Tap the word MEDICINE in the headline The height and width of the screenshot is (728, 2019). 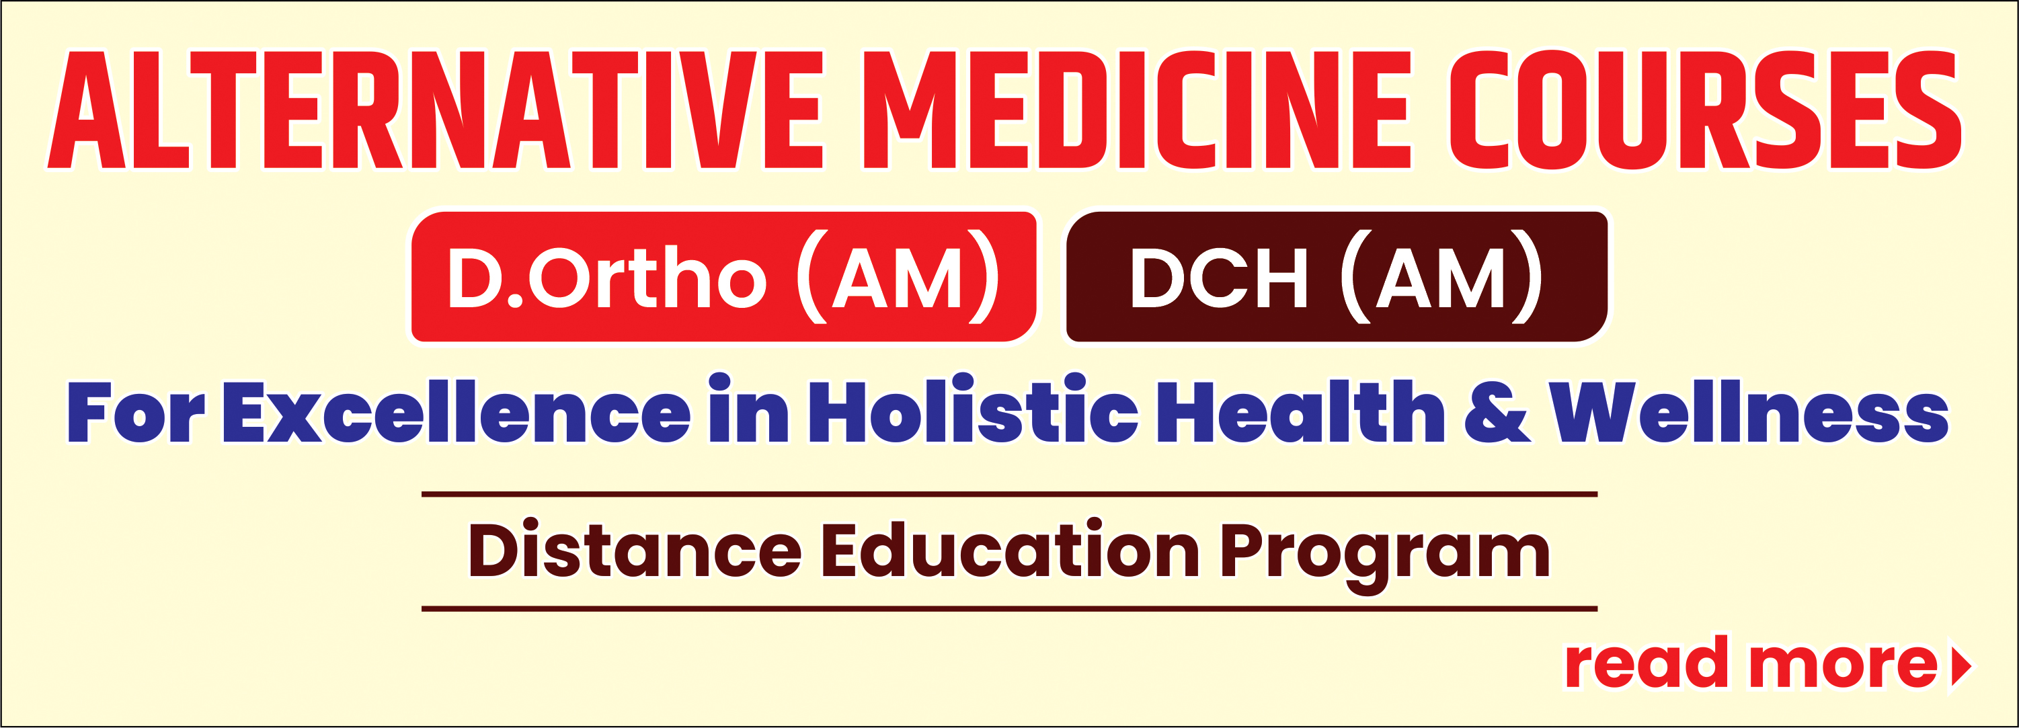pos(1138,110)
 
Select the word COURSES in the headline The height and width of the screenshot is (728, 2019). pos(1706,110)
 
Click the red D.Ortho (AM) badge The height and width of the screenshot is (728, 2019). pos(723,277)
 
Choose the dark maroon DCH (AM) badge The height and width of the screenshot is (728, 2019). pos(1337,277)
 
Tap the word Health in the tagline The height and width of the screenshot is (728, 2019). pos(1301,411)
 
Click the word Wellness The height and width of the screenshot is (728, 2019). pos(1749,411)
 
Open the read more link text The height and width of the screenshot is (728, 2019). pos(1751,662)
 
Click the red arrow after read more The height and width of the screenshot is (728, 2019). pos(1961,666)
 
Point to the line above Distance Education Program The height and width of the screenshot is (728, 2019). pos(1010,495)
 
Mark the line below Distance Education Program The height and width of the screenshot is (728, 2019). pos(1010,608)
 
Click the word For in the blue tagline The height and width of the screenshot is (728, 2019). pos(136,412)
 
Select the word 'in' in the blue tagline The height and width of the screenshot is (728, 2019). pos(748,407)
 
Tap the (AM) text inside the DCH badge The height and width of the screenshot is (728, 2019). pos(1441,277)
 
